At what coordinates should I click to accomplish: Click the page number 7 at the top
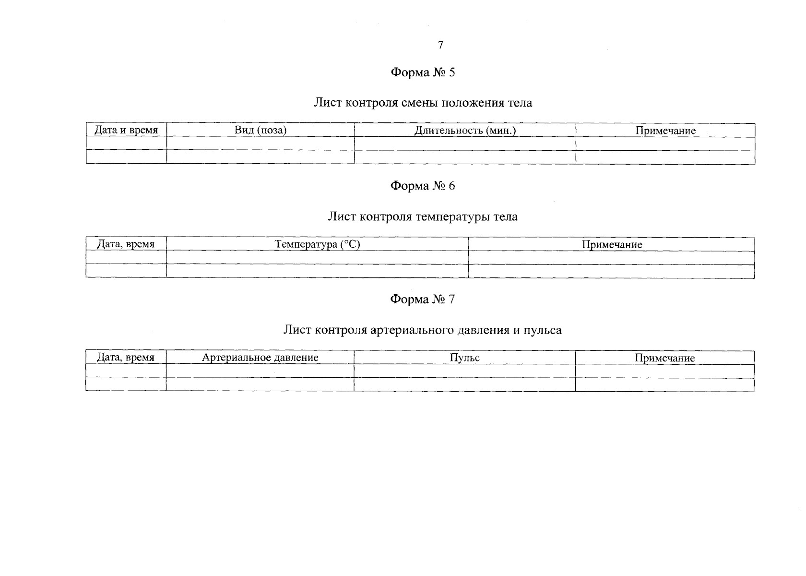440,45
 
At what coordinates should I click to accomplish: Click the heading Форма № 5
423,72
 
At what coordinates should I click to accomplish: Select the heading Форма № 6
423,186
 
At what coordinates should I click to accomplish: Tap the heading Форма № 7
423,300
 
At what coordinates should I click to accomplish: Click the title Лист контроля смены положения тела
423,103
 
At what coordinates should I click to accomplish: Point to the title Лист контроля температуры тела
423,216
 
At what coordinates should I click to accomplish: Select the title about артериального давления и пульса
422,330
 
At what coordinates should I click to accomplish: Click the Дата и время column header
126,130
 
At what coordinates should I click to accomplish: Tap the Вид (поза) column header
261,130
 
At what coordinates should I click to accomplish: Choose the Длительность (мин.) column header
465,130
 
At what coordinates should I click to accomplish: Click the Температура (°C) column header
317,244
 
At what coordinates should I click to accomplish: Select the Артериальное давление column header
260,358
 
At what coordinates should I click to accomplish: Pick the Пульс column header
464,358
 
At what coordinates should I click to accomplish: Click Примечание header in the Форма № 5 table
665,131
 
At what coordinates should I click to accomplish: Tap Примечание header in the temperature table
612,244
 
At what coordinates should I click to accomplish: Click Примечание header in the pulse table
664,358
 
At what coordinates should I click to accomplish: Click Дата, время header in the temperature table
126,244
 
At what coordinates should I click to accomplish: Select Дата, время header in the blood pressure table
126,358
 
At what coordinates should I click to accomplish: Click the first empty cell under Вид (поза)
261,144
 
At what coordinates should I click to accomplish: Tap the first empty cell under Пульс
464,371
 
